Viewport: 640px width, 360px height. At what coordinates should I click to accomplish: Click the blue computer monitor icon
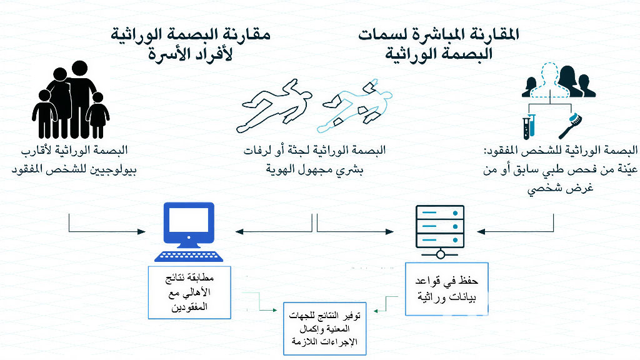coord(189,225)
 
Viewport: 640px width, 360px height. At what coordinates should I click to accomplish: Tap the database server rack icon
coord(440,231)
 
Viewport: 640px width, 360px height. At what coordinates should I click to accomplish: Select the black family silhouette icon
coord(71,100)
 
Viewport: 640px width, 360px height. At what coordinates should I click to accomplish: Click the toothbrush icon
coord(570,126)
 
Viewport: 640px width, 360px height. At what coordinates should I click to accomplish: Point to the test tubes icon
coord(529,127)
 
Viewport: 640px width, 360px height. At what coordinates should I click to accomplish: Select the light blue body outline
coord(354,105)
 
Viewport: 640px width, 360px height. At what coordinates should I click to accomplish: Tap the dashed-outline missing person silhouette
coord(550,81)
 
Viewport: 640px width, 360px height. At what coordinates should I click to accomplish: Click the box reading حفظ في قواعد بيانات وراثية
coord(446,289)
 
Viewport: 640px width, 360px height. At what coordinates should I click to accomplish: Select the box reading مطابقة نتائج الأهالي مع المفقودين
coord(189,292)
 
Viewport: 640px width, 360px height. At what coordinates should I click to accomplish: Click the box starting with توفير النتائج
coord(324,329)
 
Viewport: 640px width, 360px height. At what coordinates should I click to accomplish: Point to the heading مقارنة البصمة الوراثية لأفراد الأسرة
coord(190,44)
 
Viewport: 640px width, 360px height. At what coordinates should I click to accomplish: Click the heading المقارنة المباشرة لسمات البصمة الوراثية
coord(439,44)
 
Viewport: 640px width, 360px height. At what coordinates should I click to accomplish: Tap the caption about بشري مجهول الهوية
coord(314,160)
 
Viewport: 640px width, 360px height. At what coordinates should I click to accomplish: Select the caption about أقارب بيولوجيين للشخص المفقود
coord(74,160)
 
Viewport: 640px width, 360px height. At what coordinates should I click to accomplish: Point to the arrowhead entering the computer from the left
coord(142,232)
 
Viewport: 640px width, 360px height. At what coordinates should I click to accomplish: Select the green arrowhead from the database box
coord(376,311)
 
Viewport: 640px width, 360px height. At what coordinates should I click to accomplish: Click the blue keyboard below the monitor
coord(189,256)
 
